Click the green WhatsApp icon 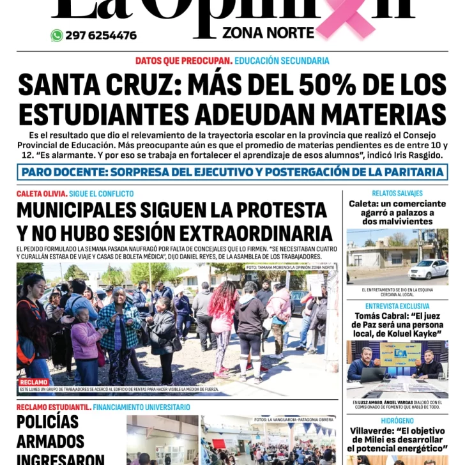pos(57,36)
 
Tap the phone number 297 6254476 pos(101,36)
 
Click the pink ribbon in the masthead pos(353,18)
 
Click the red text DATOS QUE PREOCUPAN pos(183,61)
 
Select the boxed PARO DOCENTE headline pos(232,172)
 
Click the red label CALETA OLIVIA pos(42,194)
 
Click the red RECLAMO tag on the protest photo pos(33,382)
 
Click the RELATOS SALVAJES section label pos(397,193)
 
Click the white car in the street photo pos(427,270)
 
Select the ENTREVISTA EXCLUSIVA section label pos(397,307)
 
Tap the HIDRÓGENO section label pos(397,421)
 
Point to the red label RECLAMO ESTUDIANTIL pos(54,407)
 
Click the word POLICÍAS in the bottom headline pos(48,422)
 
